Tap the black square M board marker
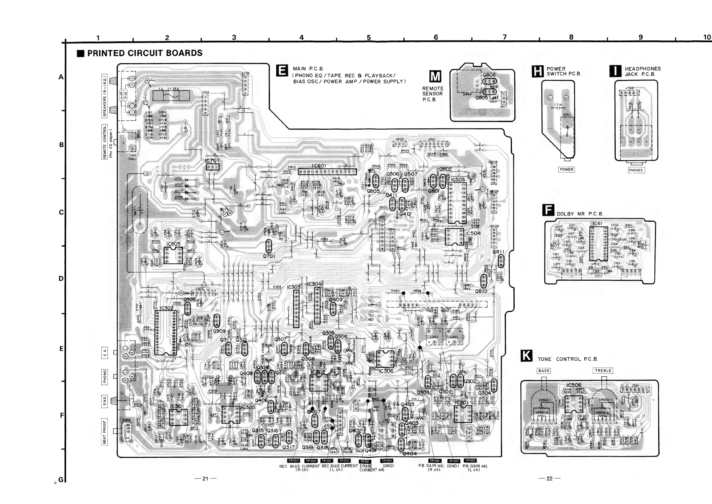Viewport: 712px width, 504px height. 435,76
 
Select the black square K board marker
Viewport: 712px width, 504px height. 527,356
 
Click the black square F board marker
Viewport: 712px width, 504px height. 548,210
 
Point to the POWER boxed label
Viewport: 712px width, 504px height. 566,169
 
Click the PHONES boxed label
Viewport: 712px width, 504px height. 636,170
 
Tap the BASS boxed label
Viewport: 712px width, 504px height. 544,371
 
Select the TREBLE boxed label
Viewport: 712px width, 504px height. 603,371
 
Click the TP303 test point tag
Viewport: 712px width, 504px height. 293,461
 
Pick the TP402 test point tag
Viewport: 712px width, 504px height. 387,461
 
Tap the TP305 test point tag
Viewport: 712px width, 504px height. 470,461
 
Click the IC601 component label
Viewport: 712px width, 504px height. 318,166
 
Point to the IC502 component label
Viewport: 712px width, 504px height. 167,308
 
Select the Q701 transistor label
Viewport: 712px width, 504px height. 269,256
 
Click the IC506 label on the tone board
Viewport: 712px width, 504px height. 574,385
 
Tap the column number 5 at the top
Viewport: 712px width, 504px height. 369,37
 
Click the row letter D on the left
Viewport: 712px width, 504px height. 61,278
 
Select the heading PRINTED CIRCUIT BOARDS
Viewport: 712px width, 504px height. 144,53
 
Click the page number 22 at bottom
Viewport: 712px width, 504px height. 550,479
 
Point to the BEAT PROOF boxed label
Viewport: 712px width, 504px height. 104,432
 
